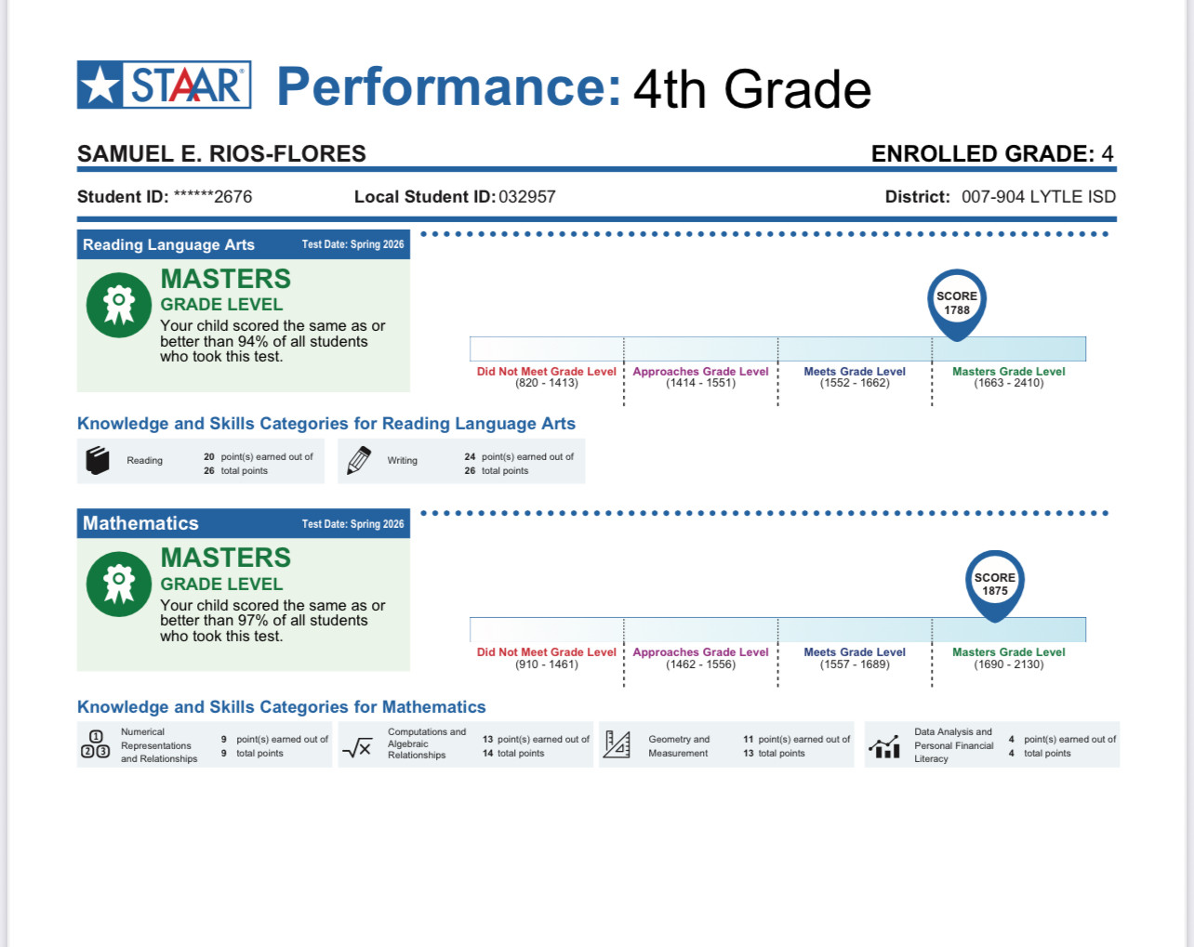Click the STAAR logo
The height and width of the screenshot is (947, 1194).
(x=164, y=85)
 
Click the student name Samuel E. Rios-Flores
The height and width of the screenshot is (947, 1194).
(x=221, y=153)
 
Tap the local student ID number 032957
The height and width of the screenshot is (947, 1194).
(x=527, y=197)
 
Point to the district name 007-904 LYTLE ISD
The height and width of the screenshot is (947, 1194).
(x=1039, y=197)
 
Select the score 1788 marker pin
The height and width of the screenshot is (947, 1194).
(x=957, y=305)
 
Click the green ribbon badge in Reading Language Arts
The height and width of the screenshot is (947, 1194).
(x=119, y=305)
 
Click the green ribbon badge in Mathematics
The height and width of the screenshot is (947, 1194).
(x=119, y=585)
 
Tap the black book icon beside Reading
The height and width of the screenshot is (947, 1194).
(x=98, y=461)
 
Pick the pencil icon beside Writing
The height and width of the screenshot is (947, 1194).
(x=359, y=460)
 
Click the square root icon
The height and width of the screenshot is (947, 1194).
(x=357, y=747)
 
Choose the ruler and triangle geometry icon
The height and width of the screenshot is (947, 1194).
(x=617, y=744)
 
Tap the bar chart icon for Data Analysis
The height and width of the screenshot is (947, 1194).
(x=883, y=746)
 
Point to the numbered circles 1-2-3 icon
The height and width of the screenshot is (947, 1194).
(x=96, y=744)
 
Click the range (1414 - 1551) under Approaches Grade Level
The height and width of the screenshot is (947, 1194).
(x=701, y=383)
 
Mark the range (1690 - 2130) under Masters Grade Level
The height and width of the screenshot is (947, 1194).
(x=1009, y=664)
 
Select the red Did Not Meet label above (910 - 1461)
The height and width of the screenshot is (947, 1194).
(x=547, y=652)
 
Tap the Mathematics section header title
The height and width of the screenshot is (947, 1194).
(x=140, y=523)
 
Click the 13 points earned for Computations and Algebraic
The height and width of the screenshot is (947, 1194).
(x=487, y=739)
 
